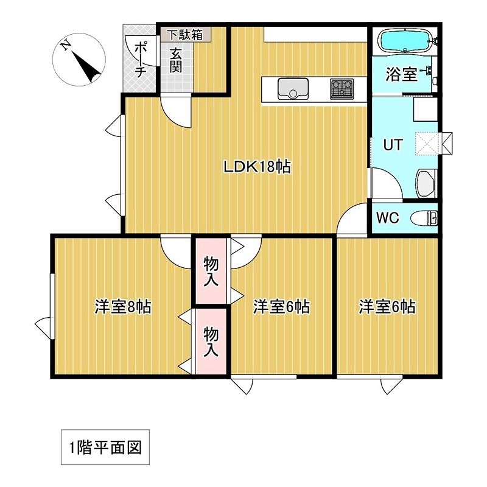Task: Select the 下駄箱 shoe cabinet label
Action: tap(185, 35)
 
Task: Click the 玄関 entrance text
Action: tap(176, 60)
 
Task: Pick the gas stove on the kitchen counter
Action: tap(342, 89)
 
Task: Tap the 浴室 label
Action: tap(402, 75)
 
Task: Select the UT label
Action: tap(392, 145)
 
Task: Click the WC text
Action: tap(388, 218)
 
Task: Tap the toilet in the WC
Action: tap(425, 218)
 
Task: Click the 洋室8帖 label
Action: tap(122, 307)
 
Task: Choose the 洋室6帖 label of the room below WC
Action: tap(387, 307)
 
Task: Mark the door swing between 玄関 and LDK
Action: tap(177, 111)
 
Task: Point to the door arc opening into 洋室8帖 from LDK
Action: tap(177, 251)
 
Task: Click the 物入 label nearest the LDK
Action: tap(211, 271)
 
